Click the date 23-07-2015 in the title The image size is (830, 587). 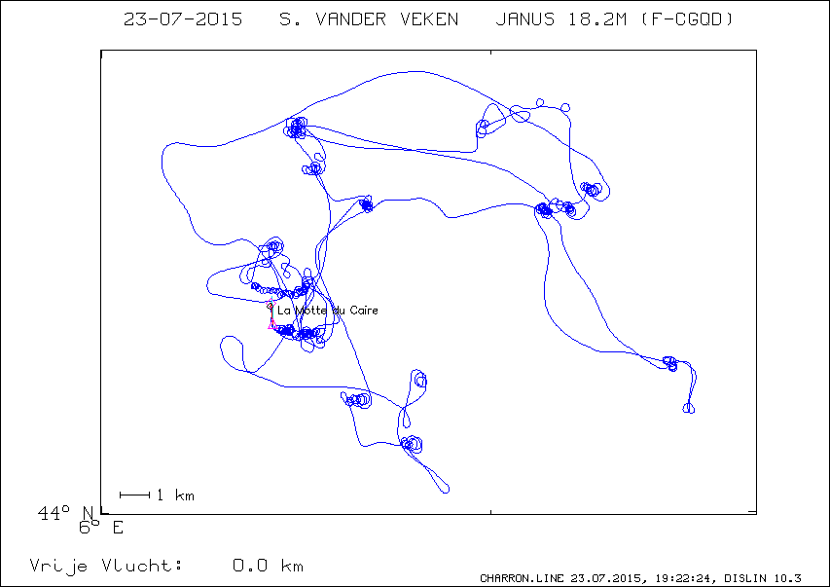[183, 19]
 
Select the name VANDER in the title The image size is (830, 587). [351, 19]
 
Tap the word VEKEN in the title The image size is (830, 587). [429, 19]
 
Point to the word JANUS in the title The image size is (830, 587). [525, 19]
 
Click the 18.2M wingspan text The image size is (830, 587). [597, 19]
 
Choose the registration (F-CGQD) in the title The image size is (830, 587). [687, 19]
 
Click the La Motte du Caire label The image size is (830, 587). [328, 311]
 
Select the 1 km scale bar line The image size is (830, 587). [135, 495]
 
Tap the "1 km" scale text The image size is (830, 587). [176, 495]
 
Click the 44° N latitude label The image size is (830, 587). [65, 512]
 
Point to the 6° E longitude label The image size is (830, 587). [101, 528]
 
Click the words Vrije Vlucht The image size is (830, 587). [106, 566]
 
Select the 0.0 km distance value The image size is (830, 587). [268, 566]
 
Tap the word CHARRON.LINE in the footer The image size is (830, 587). [523, 578]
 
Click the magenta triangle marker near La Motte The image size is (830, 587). [272, 325]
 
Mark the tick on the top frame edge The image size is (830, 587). [490, 53]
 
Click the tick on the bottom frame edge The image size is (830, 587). [490, 511]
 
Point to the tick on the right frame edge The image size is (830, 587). [753, 512]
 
